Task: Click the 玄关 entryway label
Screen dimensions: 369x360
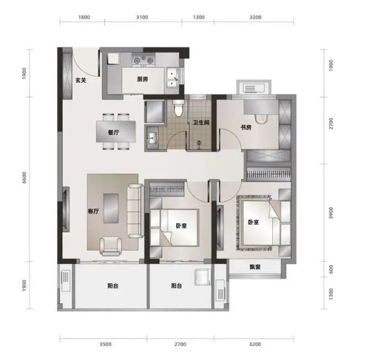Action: coord(81,80)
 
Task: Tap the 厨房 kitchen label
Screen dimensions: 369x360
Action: coord(143,79)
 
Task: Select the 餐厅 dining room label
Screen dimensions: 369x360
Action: coord(113,132)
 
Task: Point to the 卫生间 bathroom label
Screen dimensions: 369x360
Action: coord(201,122)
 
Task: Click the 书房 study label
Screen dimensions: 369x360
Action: coord(246,127)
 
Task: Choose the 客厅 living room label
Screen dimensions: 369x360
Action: coord(93,211)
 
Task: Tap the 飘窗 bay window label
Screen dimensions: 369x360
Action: coord(255,267)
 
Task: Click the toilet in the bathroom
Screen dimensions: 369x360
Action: coord(179,108)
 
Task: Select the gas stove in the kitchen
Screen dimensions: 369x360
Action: coord(143,60)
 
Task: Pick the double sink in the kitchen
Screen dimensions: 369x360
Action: coord(173,78)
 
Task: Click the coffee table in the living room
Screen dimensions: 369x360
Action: coord(111,209)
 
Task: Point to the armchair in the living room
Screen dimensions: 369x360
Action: coord(111,247)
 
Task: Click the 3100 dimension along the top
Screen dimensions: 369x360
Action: coord(142,17)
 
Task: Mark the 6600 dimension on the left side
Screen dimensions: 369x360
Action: coord(24,178)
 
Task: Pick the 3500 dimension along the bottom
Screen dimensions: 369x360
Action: coord(105,344)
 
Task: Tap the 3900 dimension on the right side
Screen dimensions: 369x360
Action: coord(331,213)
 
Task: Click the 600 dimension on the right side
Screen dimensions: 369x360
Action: coord(331,269)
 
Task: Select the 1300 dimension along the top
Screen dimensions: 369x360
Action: coord(198,17)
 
